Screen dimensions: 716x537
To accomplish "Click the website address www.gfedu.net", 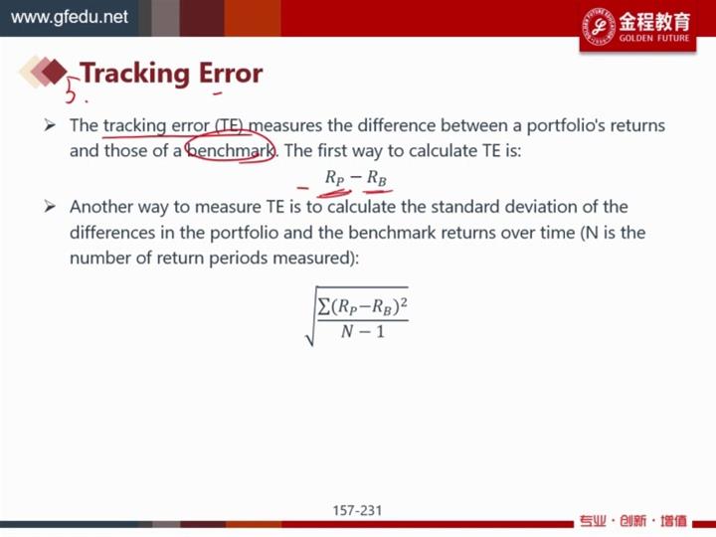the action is (x=70, y=17).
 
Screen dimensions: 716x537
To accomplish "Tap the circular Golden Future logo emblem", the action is (x=599, y=27).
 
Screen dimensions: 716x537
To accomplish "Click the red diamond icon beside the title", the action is (x=54, y=72).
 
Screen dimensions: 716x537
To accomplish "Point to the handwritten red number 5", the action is (x=71, y=89).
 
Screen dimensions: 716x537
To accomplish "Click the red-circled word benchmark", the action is (x=231, y=150).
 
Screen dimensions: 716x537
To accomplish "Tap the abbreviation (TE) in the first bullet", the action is (x=230, y=125).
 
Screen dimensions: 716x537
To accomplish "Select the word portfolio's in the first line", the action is (x=565, y=125).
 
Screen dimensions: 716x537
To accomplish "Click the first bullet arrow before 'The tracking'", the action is (x=50, y=125).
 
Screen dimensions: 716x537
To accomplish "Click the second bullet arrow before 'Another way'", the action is (x=50, y=207).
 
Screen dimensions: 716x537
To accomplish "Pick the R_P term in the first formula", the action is (x=335, y=177).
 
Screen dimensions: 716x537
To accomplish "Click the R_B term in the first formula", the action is (x=377, y=177).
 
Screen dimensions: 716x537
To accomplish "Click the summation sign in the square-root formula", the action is (x=324, y=306).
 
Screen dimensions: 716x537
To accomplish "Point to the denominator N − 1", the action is (x=363, y=331).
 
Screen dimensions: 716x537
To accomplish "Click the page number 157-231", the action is (x=357, y=510).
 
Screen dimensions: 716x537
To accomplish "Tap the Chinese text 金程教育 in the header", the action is (x=654, y=22).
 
